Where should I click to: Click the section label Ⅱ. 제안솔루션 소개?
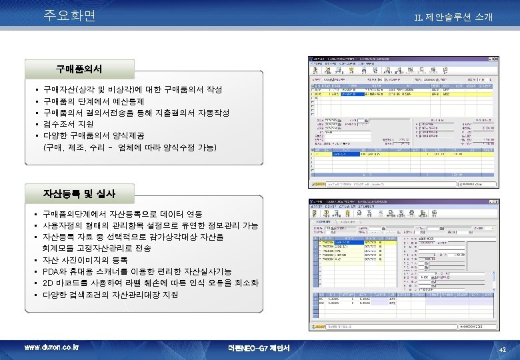point(453,17)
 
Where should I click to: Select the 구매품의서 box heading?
point(79,68)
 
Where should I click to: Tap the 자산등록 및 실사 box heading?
point(79,193)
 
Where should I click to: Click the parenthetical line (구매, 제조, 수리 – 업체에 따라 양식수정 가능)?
point(129,146)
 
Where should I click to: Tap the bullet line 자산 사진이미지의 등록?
point(85,259)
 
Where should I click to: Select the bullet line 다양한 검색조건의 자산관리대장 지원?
point(110,294)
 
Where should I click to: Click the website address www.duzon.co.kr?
point(51,347)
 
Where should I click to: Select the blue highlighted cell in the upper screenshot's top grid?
point(351,95)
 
